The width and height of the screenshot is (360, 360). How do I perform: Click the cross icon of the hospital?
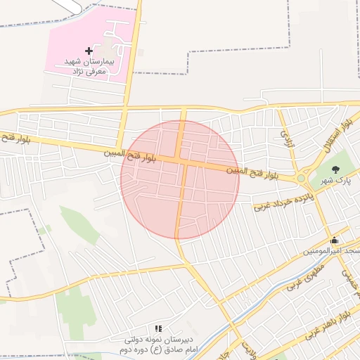pos(89,51)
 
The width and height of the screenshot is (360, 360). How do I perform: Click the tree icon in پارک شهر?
pos(335,169)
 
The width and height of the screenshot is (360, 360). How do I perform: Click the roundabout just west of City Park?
pos(302,178)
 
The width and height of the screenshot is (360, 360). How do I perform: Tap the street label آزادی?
pos(285,134)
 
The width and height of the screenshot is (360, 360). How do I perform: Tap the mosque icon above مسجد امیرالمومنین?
pos(334,240)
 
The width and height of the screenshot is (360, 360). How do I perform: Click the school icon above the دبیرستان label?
pos(158,328)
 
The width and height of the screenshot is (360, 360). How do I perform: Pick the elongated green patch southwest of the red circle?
pos(79,225)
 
